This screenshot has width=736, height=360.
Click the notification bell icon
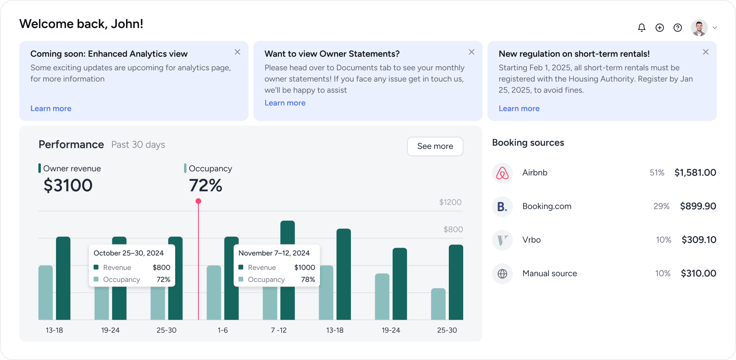642,28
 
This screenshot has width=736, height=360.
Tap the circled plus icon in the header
660,28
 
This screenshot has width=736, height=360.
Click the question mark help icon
678,28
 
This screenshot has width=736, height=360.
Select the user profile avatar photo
699,28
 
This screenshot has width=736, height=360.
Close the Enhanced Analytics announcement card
237,52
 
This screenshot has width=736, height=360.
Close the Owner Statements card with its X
472,52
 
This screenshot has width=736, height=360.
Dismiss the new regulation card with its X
706,52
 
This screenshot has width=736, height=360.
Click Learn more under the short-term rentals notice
519,108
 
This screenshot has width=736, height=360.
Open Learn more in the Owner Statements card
285,103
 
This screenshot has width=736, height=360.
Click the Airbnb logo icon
502,173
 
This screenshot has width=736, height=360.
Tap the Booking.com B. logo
502,206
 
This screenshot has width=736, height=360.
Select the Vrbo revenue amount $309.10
699,240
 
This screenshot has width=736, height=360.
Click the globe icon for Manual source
502,274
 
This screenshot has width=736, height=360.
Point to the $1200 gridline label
450,202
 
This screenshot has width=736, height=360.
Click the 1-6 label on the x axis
223,330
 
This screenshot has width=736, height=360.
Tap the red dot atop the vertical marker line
198,201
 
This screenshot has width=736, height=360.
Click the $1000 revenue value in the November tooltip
304,267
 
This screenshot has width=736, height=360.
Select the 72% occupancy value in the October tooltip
163,279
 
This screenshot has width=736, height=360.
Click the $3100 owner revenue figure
68,186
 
